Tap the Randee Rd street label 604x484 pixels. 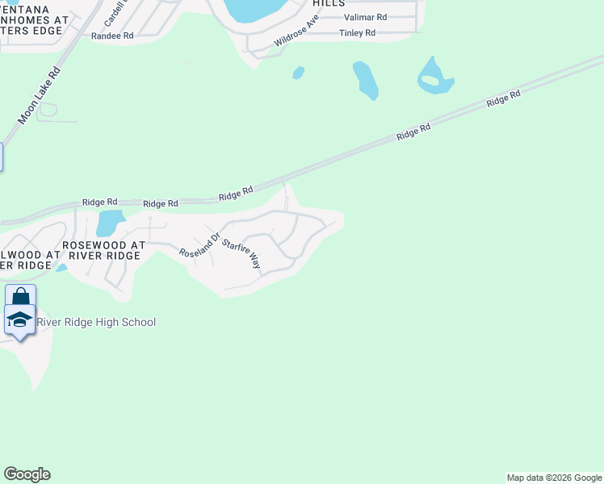click(x=112, y=36)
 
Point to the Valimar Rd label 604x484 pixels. click(x=365, y=17)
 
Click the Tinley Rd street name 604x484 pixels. click(x=357, y=33)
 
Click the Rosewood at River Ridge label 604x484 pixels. click(x=104, y=249)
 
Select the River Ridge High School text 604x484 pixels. click(x=96, y=323)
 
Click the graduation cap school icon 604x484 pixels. click(x=20, y=320)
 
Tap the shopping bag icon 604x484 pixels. click(x=20, y=295)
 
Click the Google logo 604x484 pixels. click(x=27, y=474)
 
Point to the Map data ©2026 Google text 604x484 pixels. click(x=554, y=478)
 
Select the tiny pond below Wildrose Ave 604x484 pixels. click(x=298, y=73)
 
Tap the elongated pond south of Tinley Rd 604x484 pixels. click(x=366, y=81)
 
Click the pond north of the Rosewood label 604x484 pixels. click(x=110, y=223)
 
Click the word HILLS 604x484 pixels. click(x=329, y=3)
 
